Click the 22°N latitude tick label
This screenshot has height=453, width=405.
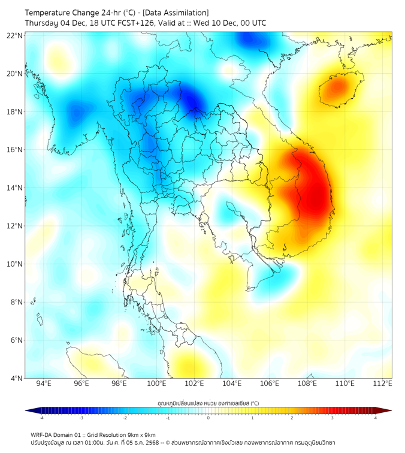pyautogui.click(x=15, y=35)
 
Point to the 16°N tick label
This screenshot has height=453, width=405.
pyautogui.click(x=15, y=150)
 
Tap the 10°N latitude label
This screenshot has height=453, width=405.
pyautogui.click(x=15, y=264)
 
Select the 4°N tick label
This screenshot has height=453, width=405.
pyautogui.click(x=16, y=378)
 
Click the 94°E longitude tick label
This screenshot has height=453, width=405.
pyautogui.click(x=44, y=384)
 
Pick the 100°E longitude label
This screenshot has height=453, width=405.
pyautogui.click(x=156, y=384)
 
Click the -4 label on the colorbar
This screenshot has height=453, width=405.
pyautogui.click(x=41, y=418)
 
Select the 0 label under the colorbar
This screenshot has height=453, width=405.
pyautogui.click(x=208, y=418)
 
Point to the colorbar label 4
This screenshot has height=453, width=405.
pyautogui.click(x=375, y=418)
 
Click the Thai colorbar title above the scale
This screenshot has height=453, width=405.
pyautogui.click(x=208, y=403)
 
